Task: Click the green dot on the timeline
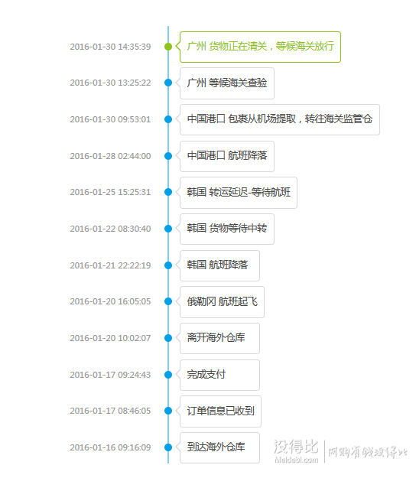pos(168,47)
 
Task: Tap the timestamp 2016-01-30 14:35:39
pos(110,47)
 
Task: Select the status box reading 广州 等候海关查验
pos(227,83)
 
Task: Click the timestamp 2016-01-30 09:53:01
pos(110,119)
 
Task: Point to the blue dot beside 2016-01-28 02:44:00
pos(168,156)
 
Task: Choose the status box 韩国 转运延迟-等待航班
pos(239,193)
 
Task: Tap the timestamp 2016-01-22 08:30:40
pos(110,229)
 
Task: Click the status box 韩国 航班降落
pos(219,265)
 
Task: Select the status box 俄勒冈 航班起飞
pos(222,302)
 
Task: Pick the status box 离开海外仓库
pos(219,338)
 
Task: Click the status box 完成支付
pos(219,375)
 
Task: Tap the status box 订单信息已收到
pos(220,411)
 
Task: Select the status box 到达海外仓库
pos(219,448)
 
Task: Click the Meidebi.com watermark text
pos(296,460)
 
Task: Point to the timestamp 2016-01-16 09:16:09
pos(110,447)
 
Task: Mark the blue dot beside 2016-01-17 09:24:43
pos(168,375)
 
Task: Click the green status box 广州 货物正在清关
pos(260,47)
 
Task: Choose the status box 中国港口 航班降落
pos(227,156)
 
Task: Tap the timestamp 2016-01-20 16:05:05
pos(110,301)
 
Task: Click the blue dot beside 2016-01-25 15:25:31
pos(168,192)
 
